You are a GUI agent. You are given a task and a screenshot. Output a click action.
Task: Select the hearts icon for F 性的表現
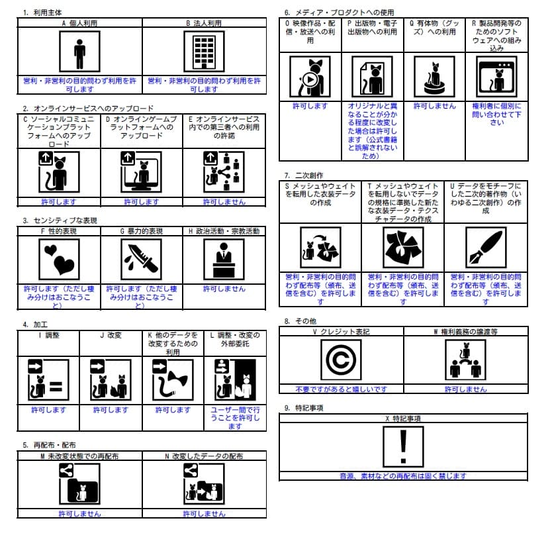(59, 260)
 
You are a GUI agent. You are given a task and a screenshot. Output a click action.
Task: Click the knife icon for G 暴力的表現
(141, 260)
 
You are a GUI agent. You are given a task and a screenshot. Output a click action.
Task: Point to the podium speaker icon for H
(224, 260)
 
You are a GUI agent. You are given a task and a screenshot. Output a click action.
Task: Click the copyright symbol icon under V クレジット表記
(341, 361)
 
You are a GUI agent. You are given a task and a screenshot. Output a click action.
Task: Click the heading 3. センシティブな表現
(57, 220)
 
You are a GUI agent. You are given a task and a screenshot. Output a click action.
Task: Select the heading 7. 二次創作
(304, 175)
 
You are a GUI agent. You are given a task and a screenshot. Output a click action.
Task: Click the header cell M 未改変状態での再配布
(79, 456)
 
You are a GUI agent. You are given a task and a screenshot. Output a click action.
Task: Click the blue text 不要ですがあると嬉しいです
(341, 389)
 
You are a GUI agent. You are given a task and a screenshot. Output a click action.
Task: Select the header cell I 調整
(48, 335)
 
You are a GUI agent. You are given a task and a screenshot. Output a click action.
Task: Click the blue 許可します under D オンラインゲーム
(142, 201)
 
